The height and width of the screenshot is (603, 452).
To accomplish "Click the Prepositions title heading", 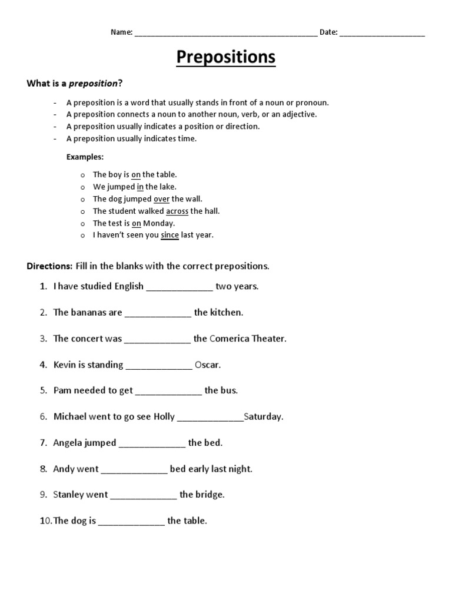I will point(226,57).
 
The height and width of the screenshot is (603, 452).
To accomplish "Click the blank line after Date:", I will point(382,34).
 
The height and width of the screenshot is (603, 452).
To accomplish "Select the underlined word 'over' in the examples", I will point(161,199).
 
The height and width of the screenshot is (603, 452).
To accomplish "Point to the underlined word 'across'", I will point(177,211).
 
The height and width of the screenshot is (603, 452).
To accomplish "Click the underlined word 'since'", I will point(169,235).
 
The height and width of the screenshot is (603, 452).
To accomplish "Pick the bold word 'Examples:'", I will point(85,157).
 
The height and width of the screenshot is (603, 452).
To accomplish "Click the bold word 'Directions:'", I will point(49,266).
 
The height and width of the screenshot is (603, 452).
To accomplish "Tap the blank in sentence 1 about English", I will point(179,288).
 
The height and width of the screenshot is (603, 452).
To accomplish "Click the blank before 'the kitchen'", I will point(158,314).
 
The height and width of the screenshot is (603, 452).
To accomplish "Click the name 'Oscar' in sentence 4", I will point(207,365).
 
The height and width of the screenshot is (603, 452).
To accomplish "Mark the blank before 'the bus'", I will point(168,391).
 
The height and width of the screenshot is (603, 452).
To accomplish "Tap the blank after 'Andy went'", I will point(134,470).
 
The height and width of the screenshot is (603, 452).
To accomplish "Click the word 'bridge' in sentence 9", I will point(210,495).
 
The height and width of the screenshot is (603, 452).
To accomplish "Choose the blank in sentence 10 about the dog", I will point(131,522).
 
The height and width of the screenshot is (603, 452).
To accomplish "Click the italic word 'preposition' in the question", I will point(94,83).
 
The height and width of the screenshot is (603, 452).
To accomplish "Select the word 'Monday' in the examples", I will point(159,223).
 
